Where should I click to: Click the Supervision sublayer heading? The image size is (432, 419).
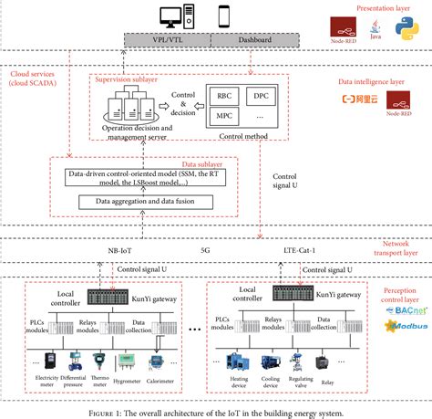point(128,80)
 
